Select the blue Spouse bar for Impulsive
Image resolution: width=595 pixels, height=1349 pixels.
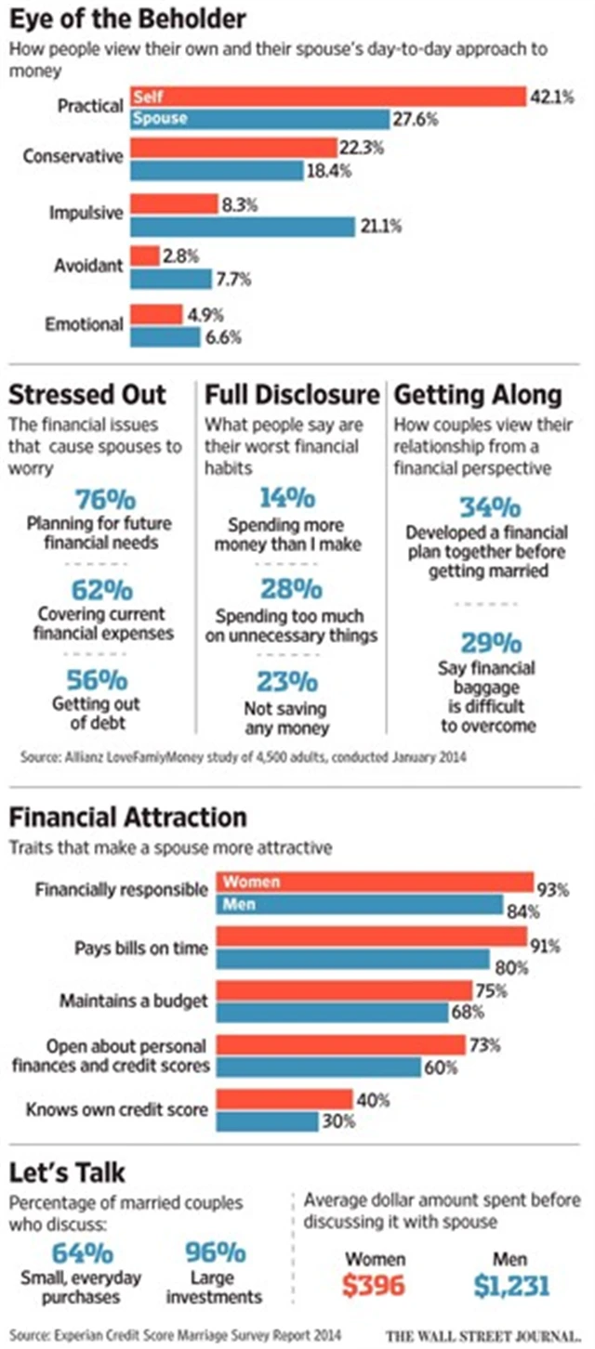click(x=243, y=226)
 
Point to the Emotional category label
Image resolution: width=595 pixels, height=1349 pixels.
click(x=84, y=324)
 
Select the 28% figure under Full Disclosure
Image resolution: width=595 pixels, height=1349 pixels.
click(x=289, y=590)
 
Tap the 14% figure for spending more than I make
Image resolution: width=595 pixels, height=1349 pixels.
click(x=289, y=498)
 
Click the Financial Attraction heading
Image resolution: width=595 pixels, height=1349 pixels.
click(x=128, y=818)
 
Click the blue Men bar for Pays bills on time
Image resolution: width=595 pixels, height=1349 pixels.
click(x=353, y=959)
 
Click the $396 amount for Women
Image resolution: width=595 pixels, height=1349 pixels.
click(x=375, y=1286)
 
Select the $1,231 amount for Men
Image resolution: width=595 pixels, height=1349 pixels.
click(x=510, y=1286)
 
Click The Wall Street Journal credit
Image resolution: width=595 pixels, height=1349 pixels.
click(x=484, y=1336)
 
